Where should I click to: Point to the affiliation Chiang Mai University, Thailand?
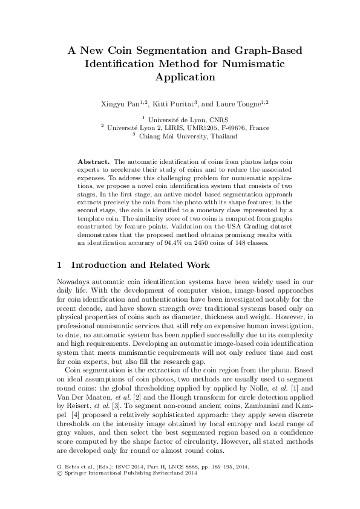pos(184,137)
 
